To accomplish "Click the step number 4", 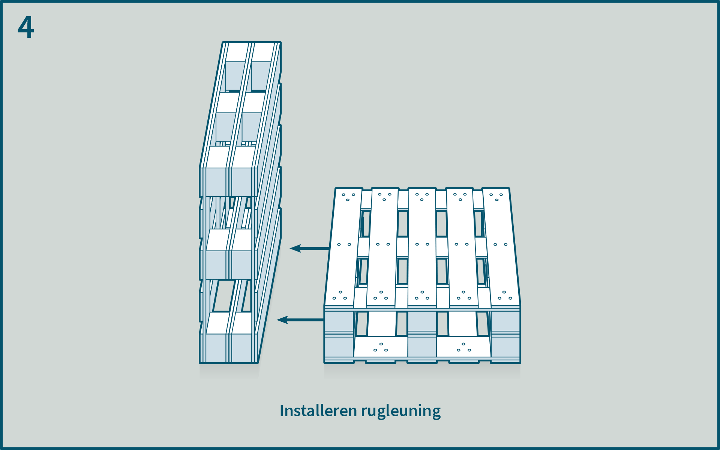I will pyautogui.click(x=25, y=27).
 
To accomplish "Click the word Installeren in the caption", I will pyautogui.click(x=318, y=411).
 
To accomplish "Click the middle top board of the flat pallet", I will pyautogui.click(x=422, y=247).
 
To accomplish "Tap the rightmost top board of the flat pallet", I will pyautogui.click(x=501, y=247).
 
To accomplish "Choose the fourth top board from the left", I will pyautogui.click(x=462, y=247).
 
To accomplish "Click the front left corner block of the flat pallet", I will pyautogui.click(x=339, y=334).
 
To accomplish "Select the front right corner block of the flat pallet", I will pyautogui.click(x=505, y=334).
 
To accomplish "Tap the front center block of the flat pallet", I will pyautogui.click(x=422, y=334).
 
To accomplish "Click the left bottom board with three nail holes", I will pyautogui.click(x=381, y=347).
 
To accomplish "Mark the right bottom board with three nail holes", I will pyautogui.click(x=464, y=347).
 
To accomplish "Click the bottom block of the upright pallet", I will pyautogui.click(x=229, y=347).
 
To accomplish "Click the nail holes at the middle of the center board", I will pyautogui.click(x=422, y=244).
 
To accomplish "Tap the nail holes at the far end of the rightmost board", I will pyautogui.click(x=496, y=196).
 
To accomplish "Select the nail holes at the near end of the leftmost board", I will pyautogui.click(x=340, y=296).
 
